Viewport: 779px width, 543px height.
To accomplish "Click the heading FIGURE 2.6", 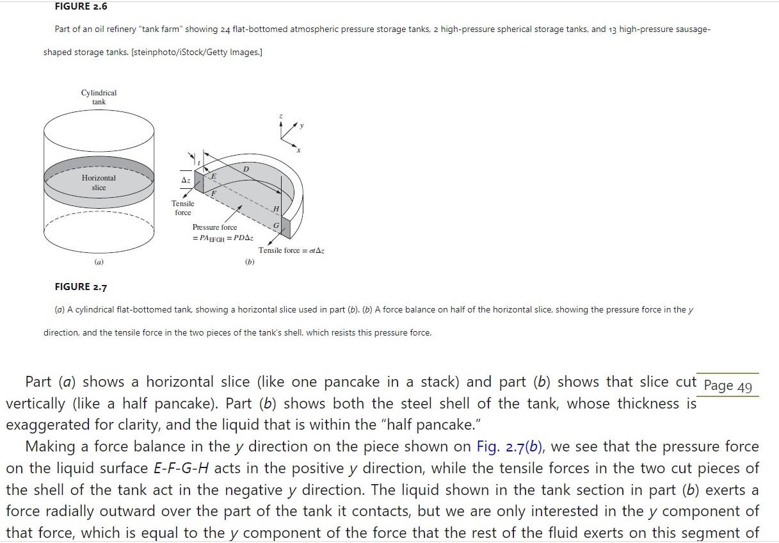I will click(81, 6).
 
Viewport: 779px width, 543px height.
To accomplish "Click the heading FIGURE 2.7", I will click(81, 287).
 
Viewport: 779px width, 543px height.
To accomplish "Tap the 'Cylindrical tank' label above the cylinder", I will click(99, 97).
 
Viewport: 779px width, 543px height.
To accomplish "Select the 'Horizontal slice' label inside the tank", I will click(99, 182).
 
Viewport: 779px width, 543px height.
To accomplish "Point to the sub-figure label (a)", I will click(99, 263).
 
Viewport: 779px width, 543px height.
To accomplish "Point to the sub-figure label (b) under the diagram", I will click(250, 263).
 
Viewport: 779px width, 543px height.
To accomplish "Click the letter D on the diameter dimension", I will click(246, 168).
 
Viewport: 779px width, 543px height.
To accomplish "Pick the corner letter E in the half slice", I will click(214, 175).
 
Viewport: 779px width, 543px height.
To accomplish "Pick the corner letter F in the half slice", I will click(214, 193).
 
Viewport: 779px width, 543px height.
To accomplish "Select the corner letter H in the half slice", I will click(276, 209).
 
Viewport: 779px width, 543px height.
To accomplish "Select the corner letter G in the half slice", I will click(276, 226).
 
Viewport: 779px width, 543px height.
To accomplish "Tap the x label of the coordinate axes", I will click(298, 150).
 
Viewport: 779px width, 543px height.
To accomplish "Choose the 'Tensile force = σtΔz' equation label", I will click(291, 250).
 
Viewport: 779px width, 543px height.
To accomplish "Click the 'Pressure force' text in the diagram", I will click(214, 227).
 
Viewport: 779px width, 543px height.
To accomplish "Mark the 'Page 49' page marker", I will click(727, 386).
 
